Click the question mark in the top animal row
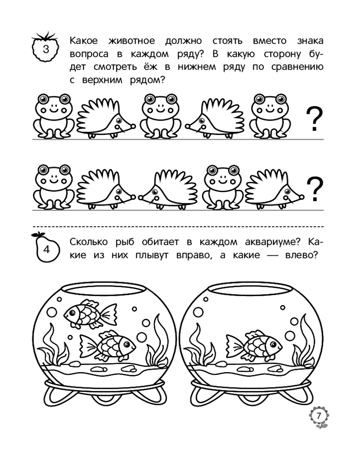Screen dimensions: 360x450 pyautogui.click(x=315, y=119)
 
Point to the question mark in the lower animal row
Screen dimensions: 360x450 pyautogui.click(x=315, y=189)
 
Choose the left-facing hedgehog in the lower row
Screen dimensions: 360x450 pyautogui.click(x=168, y=189)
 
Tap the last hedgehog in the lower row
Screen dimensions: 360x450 pyautogui.click(x=274, y=189)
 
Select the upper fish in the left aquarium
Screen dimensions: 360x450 pyautogui.click(x=90, y=314)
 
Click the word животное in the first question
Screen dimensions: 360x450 pyautogui.click(x=131, y=41)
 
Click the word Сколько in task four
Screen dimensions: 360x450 pyautogui.click(x=89, y=242)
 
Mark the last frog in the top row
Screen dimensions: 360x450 pyautogui.click(x=269, y=116)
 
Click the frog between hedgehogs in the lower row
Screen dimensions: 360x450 pyautogui.click(x=222, y=187)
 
